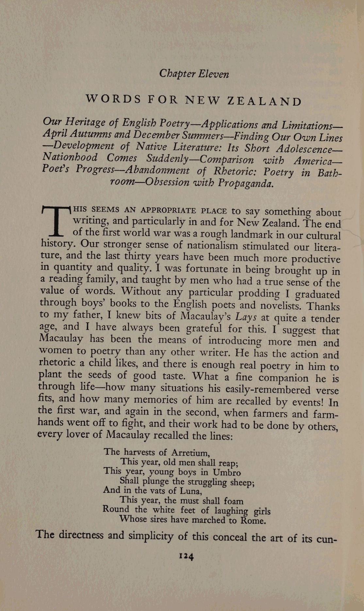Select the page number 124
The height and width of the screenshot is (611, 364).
[187, 556]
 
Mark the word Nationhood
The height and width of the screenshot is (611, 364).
[70, 157]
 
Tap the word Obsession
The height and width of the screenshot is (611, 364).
[167, 182]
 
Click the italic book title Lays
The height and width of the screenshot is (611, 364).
[246, 317]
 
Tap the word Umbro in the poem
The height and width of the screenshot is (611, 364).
[227, 472]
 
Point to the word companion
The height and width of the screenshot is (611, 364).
[283, 378]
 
